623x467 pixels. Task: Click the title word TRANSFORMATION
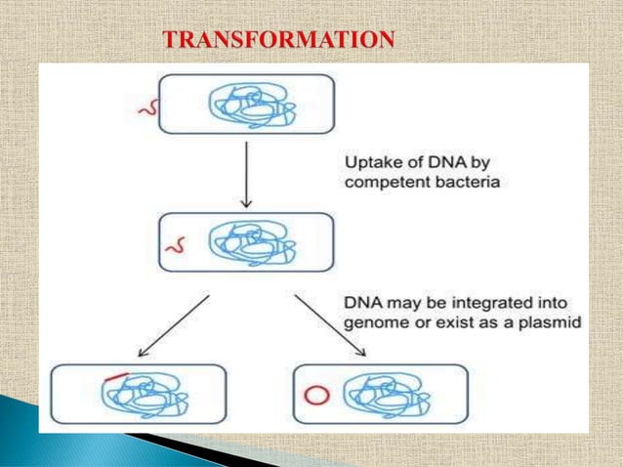pos(279,40)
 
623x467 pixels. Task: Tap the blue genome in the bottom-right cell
pos(381,396)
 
